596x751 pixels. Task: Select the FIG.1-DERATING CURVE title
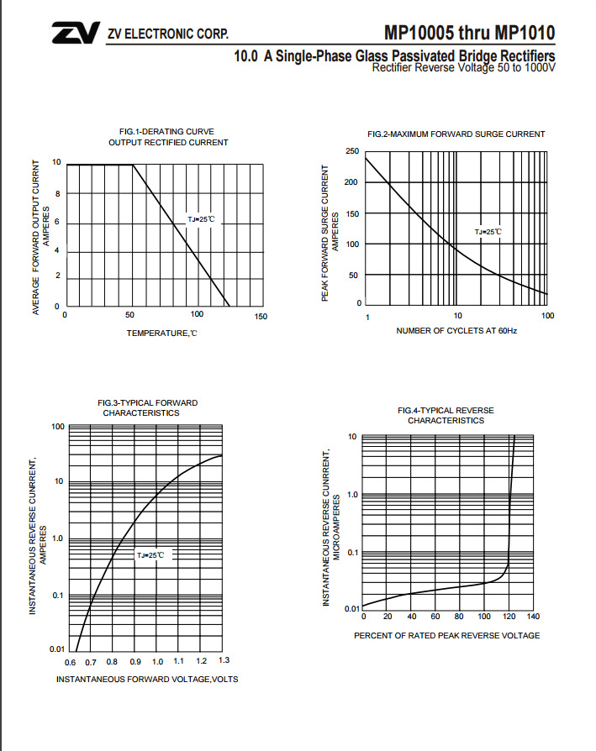pyautogui.click(x=167, y=131)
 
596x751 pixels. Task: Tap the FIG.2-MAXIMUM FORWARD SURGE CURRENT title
pyautogui.click(x=456, y=134)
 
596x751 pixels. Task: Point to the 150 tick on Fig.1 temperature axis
pyautogui.click(x=260, y=317)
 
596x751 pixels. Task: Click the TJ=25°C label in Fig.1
pyautogui.click(x=201, y=219)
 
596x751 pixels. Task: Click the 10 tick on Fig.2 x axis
pyautogui.click(x=457, y=317)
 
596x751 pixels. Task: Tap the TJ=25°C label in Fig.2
pyautogui.click(x=488, y=232)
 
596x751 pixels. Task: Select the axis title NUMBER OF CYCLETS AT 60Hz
pyautogui.click(x=456, y=332)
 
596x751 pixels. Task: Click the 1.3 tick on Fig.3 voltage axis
pyautogui.click(x=223, y=662)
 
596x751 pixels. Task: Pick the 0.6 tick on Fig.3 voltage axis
pyautogui.click(x=70, y=663)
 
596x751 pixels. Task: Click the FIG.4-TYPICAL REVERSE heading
pyautogui.click(x=446, y=410)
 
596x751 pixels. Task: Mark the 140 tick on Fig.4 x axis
pyautogui.click(x=532, y=617)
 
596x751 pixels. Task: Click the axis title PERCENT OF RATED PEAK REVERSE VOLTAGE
pyautogui.click(x=446, y=635)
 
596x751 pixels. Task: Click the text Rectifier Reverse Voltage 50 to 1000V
pyautogui.click(x=463, y=67)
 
